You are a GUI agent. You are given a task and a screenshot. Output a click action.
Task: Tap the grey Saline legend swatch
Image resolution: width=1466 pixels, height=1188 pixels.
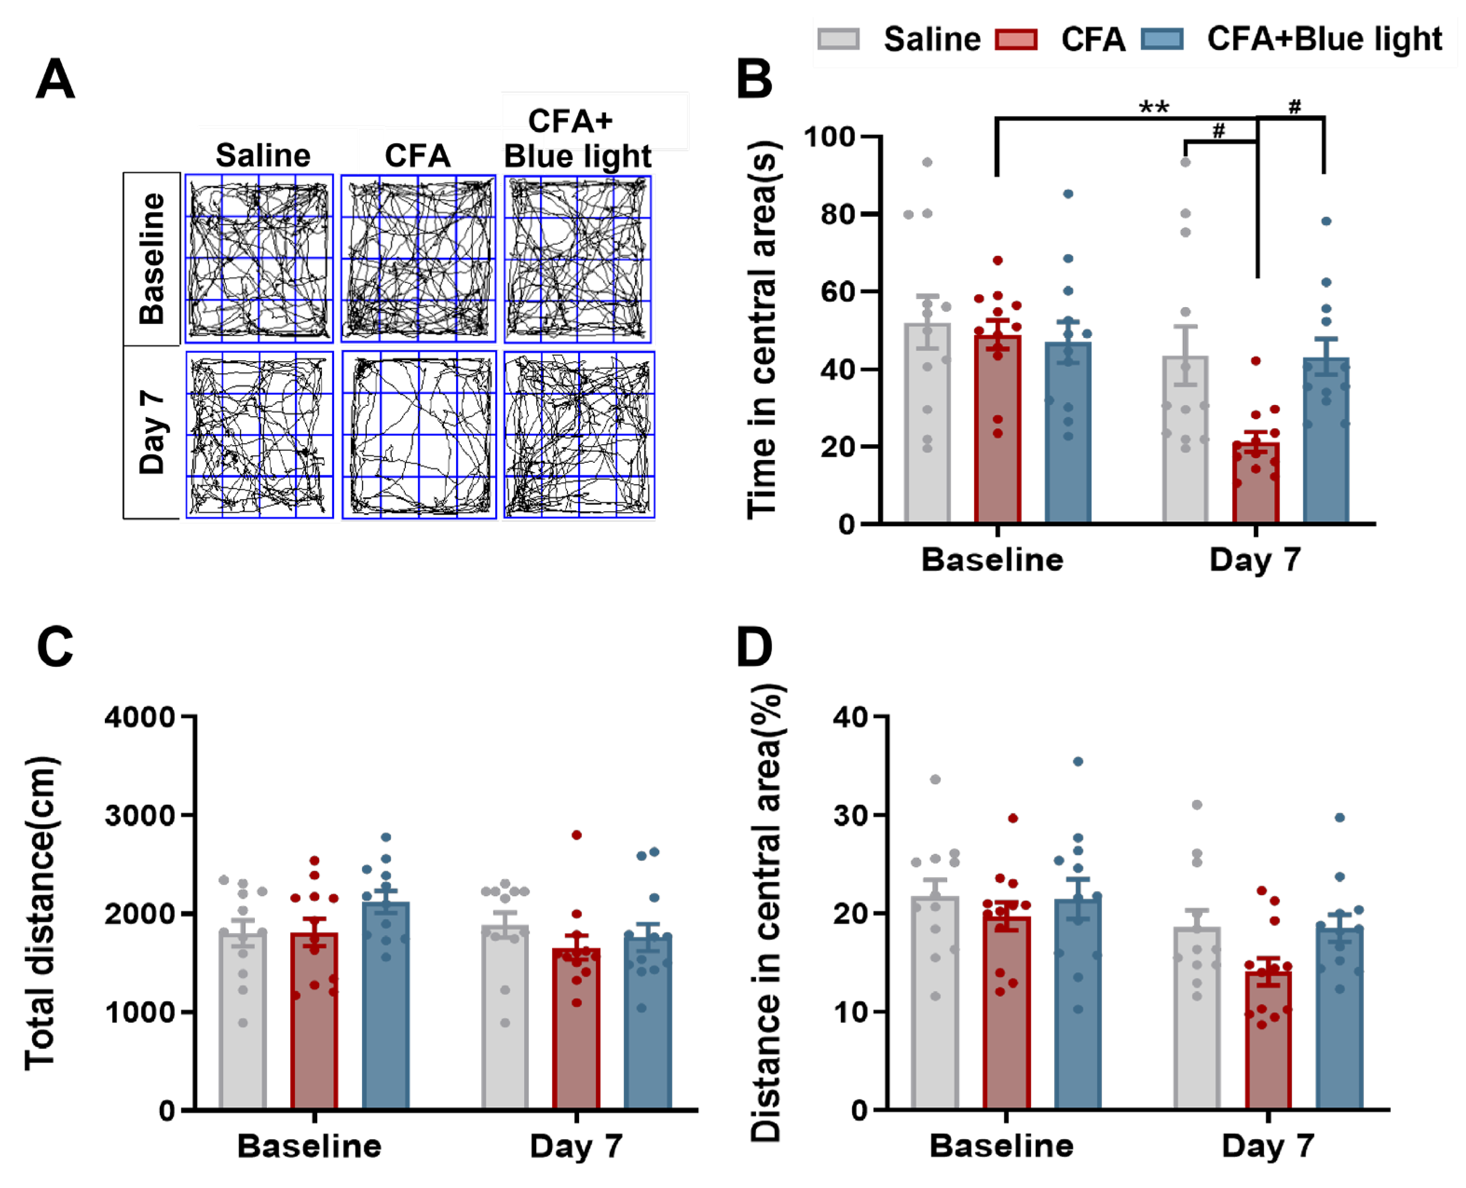point(838,39)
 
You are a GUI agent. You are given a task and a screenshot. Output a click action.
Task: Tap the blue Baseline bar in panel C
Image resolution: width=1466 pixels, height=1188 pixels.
point(386,1006)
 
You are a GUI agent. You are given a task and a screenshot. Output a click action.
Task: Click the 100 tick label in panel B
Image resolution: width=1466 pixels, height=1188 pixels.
point(829,137)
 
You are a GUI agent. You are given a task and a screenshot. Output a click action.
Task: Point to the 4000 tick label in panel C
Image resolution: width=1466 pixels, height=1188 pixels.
point(140,717)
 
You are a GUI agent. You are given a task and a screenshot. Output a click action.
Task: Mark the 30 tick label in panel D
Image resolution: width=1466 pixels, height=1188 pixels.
point(850,816)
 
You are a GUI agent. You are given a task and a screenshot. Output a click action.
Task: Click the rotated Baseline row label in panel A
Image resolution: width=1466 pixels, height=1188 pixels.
point(152,258)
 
